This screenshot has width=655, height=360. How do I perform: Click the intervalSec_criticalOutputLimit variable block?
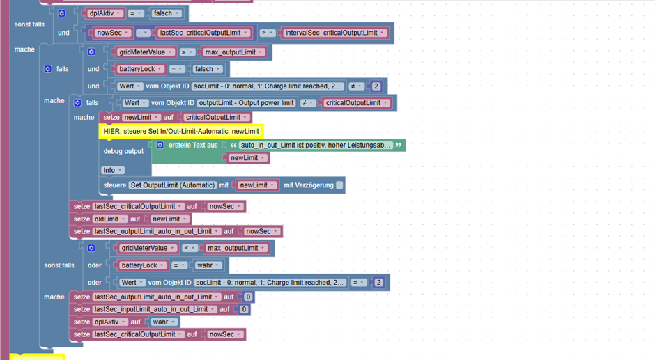[334, 33]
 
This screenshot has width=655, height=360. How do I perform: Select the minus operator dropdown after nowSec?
[142, 33]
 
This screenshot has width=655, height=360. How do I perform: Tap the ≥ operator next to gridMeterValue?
[187, 52]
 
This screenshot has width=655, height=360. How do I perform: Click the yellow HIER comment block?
[181, 131]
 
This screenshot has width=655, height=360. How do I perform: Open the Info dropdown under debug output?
[113, 170]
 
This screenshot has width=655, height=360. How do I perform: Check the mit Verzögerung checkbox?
[339, 185]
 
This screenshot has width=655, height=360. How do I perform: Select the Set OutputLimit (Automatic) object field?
[173, 185]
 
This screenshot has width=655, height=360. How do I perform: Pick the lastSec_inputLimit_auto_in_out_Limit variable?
[155, 309]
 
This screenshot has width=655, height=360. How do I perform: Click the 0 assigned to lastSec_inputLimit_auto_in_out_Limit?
[244, 309]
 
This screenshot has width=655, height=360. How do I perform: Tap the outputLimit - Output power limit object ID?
[246, 103]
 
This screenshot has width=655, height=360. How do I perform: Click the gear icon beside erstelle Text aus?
[160, 145]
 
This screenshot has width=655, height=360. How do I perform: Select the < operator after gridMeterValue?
[190, 248]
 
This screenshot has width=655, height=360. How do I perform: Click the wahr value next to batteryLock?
[207, 265]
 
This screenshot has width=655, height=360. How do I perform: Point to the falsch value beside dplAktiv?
[165, 13]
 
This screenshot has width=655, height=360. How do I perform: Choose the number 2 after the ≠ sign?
[376, 86]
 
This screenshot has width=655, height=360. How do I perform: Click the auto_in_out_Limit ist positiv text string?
[316, 145]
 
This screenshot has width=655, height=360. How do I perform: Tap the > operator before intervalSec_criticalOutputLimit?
[266, 33]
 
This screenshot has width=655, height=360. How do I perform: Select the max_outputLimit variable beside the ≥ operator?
[233, 52]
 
